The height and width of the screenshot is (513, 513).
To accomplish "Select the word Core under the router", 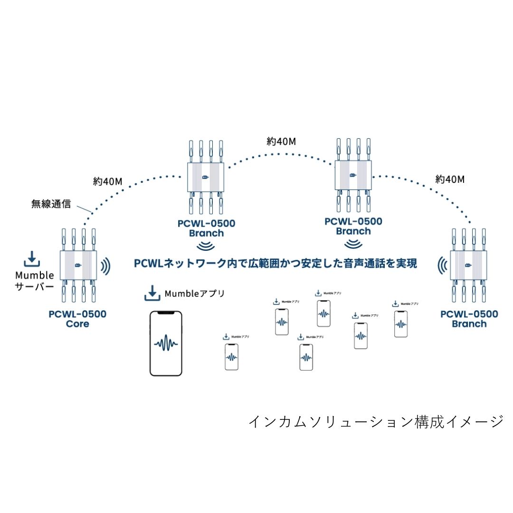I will [x=77, y=324].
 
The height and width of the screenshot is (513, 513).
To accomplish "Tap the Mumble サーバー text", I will [x=35, y=281].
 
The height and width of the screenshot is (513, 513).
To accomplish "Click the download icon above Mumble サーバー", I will [x=32, y=259].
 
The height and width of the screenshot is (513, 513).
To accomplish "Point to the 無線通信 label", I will [x=51, y=205].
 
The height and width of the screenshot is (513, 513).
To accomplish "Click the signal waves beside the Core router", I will [x=105, y=266].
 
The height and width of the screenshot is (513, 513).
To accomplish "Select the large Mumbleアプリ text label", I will [x=194, y=294].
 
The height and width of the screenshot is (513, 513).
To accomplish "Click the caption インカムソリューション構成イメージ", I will [x=376, y=421].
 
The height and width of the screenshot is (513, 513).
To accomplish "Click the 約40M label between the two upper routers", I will [x=282, y=142].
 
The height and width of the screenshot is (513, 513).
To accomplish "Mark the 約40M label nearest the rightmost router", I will [x=449, y=180].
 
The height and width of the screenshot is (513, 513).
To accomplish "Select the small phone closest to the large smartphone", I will [x=231, y=357].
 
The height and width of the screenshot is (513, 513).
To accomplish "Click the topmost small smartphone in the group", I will [x=324, y=313].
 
